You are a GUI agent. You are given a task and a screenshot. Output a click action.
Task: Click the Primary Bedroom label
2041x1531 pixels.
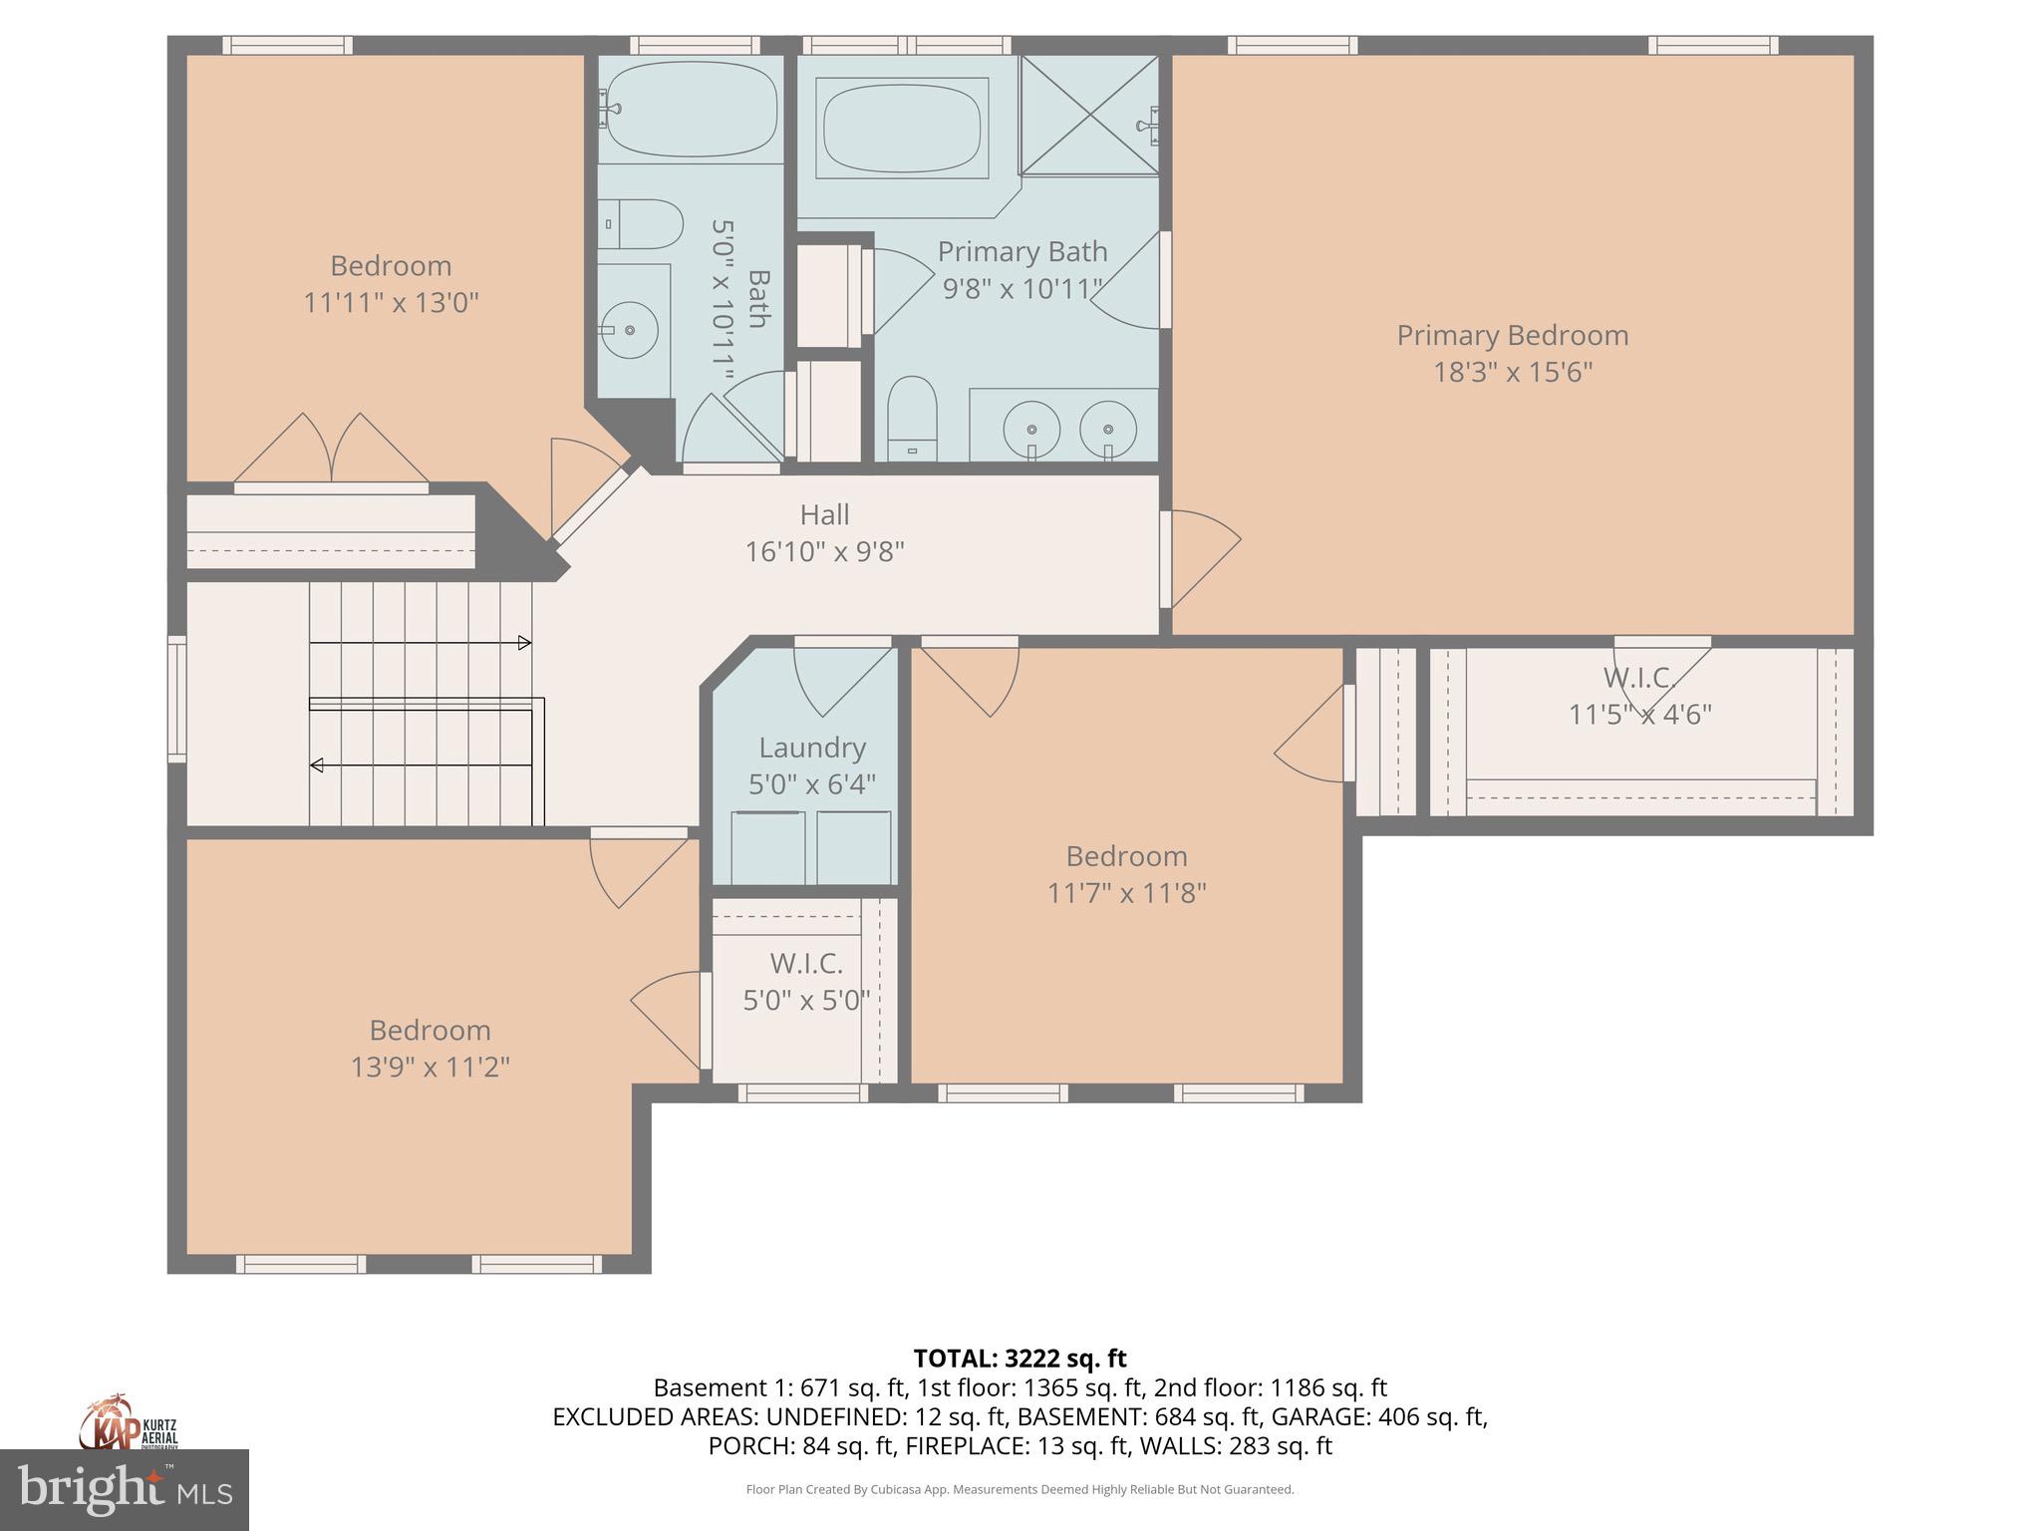pos(1512,336)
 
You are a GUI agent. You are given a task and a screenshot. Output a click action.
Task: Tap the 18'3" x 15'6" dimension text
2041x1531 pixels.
pos(1512,373)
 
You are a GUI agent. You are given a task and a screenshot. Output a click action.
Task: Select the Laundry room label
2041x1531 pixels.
pos(812,748)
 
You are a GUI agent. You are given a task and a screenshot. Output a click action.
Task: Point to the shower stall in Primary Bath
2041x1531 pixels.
pos(1089,115)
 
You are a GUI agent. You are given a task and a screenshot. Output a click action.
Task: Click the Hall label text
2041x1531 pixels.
pos(824,515)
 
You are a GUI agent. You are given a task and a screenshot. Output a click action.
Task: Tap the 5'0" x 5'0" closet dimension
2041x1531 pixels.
pos(806,1000)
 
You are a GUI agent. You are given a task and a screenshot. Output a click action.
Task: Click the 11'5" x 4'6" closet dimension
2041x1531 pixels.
pos(1639,715)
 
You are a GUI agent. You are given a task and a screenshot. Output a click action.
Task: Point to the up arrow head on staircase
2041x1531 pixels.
pos(524,643)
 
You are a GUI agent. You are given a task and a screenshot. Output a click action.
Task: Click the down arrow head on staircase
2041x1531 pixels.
pos(317,765)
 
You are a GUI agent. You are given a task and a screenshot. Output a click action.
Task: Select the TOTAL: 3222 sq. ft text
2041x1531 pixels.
pos(1020,1359)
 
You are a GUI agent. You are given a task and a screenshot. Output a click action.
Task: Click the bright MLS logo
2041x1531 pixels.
pos(124,1489)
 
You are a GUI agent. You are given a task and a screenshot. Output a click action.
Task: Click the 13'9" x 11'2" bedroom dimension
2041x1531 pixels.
pos(430,1068)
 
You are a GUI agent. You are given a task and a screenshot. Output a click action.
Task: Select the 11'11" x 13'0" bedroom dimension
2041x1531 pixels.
pos(391,302)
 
